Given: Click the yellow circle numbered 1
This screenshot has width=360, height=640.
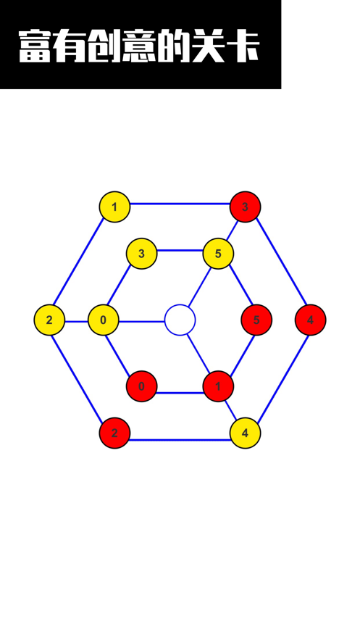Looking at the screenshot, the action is point(114,207).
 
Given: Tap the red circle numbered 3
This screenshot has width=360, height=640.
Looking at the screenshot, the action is point(245,207).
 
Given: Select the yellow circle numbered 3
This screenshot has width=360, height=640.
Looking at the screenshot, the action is point(141,254).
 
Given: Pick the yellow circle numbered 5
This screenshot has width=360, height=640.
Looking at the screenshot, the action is point(218,254).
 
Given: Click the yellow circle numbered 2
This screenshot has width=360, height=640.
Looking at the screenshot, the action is point(49,320).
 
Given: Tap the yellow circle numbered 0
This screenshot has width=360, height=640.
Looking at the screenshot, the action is point(103,320).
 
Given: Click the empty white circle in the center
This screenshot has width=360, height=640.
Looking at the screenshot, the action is point(180,320).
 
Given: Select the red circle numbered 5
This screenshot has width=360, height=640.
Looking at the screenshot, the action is point(256,320).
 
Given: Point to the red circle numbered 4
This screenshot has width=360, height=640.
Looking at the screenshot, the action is point(310,320).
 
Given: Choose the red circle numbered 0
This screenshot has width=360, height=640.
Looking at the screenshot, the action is point(141,386).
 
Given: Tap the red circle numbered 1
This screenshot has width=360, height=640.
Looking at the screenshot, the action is point(218,386).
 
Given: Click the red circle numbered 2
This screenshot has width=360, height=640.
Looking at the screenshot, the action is point(114,433).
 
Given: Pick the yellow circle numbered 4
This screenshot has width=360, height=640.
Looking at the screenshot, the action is point(245,433).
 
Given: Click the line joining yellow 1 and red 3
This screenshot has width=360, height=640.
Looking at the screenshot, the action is point(180,203).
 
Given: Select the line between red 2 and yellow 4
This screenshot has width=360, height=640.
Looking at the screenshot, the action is point(180,440).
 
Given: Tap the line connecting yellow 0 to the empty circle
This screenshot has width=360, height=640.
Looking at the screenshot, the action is point(141,322).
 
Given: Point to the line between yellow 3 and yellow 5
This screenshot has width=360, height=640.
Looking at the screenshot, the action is point(180,250).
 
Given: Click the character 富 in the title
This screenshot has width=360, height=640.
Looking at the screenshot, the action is point(34,46).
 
